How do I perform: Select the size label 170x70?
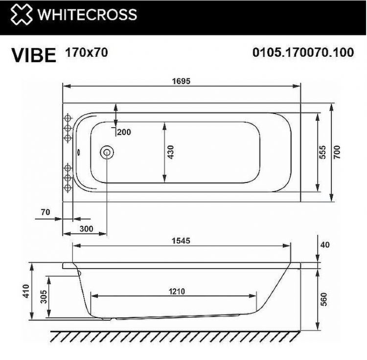click(x=86, y=52)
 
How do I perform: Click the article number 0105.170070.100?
click(x=302, y=53)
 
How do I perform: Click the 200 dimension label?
click(x=124, y=132)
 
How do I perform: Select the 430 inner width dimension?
click(x=170, y=152)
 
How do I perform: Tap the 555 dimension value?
click(x=322, y=152)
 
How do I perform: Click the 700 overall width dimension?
click(x=337, y=152)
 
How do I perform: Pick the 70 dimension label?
click(x=46, y=212)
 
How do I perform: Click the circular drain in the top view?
click(x=106, y=152)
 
